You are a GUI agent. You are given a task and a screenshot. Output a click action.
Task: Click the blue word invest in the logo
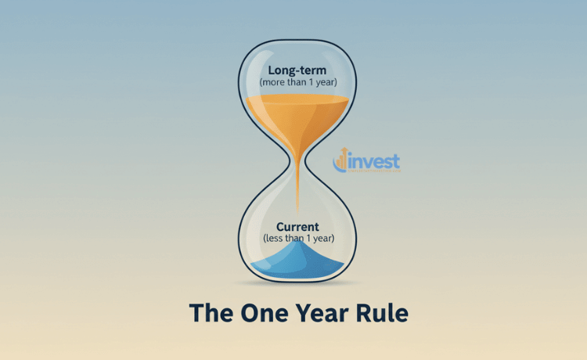[x=373, y=161]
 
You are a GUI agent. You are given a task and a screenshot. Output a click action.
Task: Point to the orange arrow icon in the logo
[x=339, y=161]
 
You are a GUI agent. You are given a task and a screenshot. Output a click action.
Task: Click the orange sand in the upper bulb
[x=297, y=113]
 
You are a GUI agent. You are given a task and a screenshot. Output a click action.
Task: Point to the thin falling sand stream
[x=297, y=192]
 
